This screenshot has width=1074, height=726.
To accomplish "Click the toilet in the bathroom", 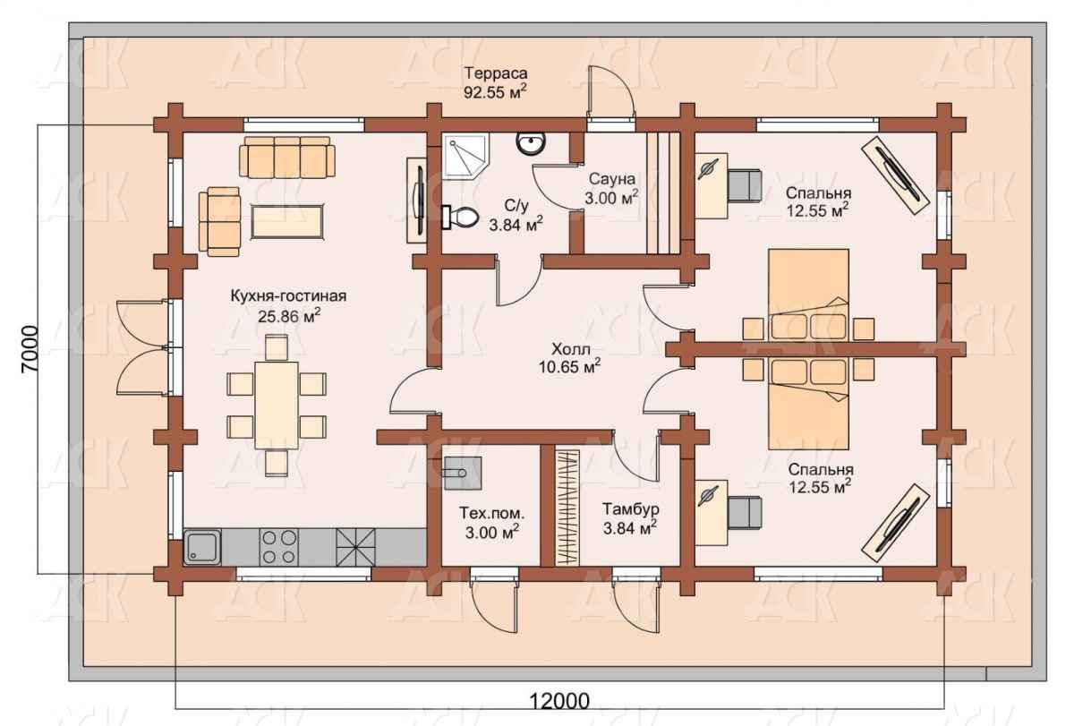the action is [x=460, y=218].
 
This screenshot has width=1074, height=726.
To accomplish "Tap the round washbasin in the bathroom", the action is [x=531, y=142].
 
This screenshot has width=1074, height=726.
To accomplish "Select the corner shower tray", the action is [x=465, y=157].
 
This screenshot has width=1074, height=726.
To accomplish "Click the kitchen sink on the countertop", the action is [x=202, y=547].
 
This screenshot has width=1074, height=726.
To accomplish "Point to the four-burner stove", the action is [x=278, y=547].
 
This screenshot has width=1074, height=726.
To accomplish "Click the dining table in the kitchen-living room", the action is [x=277, y=406].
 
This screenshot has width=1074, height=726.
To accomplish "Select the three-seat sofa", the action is [x=287, y=158].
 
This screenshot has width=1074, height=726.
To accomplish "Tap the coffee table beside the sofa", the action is [x=287, y=221].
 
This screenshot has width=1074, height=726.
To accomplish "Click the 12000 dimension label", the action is [x=559, y=701].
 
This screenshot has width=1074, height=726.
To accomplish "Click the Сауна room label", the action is [x=612, y=179].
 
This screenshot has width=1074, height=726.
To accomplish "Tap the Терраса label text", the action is [x=496, y=73].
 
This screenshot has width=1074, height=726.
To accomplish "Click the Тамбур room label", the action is [x=630, y=508].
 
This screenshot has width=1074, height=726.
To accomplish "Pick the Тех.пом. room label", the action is [x=492, y=513].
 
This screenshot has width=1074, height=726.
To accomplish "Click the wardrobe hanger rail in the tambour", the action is [x=567, y=508].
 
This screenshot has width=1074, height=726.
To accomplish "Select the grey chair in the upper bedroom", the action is [x=745, y=184].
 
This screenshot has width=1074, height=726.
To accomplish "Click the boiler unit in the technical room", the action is [x=463, y=474].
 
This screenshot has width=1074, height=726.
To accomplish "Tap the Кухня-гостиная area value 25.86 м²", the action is [x=289, y=315].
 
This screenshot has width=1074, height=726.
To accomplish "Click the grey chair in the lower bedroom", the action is [x=745, y=513].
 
